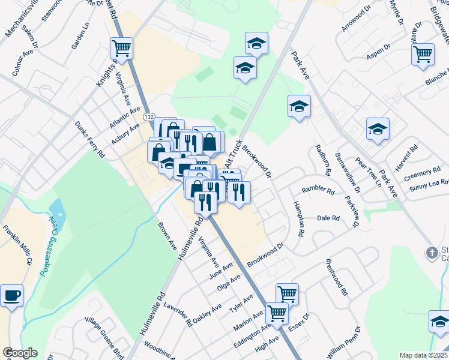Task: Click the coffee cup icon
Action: point(12,296)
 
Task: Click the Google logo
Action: point(20,353)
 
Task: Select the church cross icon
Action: point(432,253)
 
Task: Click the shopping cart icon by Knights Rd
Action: point(122,48)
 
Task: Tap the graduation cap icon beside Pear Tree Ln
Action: point(378,129)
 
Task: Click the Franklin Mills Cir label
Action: point(17,245)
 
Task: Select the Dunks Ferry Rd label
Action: point(89,140)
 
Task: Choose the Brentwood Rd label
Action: point(336,278)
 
